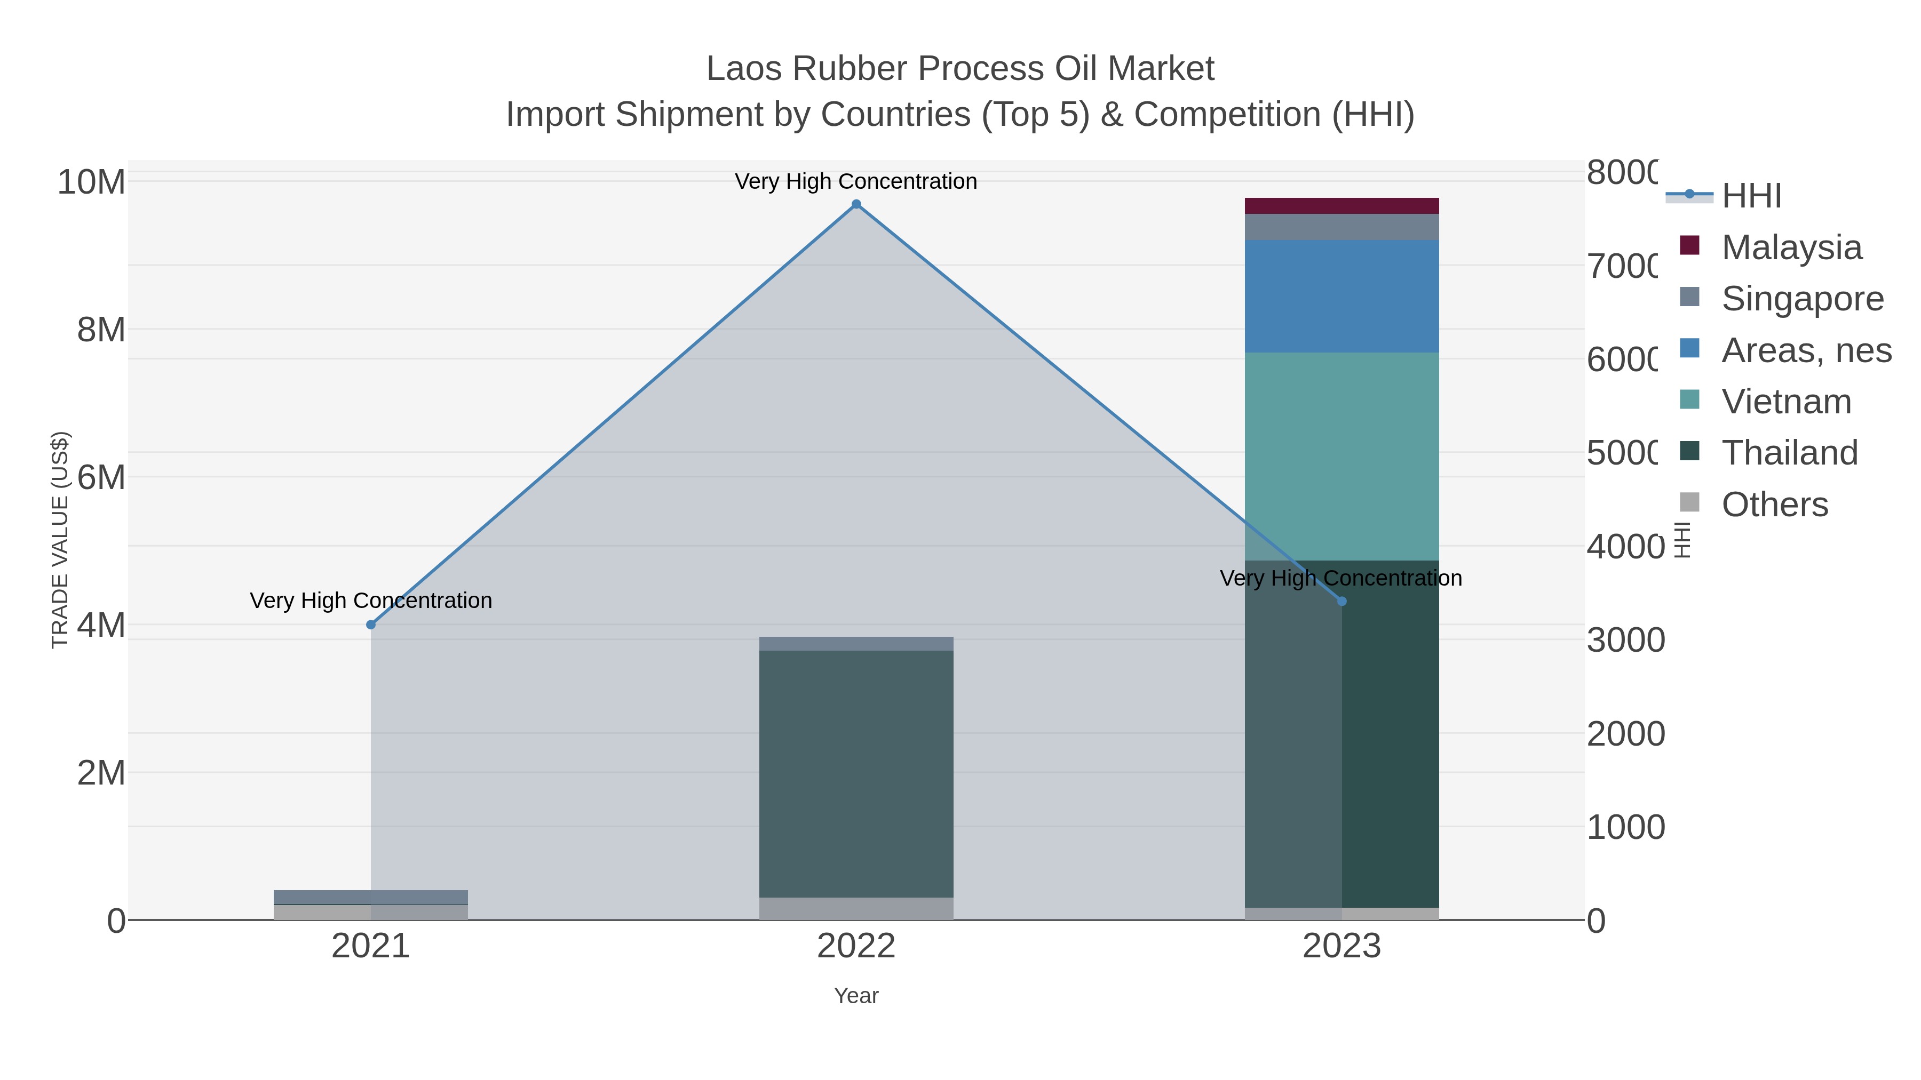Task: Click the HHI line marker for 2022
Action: (856, 204)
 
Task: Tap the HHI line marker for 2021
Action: (371, 625)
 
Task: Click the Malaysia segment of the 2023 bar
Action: (1341, 206)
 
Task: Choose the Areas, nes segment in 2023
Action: (1341, 296)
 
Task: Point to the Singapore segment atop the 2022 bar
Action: (856, 644)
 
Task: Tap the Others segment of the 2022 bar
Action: (856, 909)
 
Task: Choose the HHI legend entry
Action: (1751, 196)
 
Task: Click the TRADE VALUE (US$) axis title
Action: (60, 540)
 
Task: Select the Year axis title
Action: (856, 996)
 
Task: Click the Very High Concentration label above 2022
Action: (856, 181)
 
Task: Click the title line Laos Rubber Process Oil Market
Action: (960, 69)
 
